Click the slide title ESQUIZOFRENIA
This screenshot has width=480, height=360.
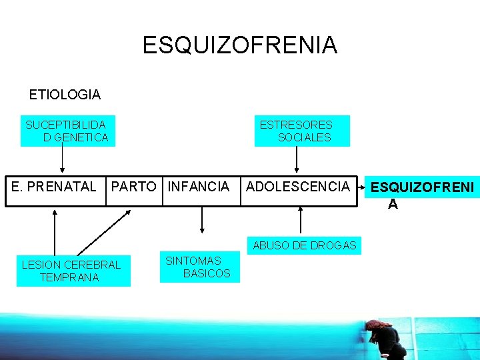point(240,45)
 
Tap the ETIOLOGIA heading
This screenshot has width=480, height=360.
point(65,95)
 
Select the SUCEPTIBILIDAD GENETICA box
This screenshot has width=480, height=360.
point(67,131)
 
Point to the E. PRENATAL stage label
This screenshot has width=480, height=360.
point(54,187)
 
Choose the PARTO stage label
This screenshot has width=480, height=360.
point(133,187)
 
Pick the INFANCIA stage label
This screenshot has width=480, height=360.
point(199,187)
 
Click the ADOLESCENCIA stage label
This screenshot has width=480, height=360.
point(297,187)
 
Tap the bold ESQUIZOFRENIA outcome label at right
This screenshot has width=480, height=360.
point(423,194)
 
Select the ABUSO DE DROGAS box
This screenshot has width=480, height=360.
point(305,245)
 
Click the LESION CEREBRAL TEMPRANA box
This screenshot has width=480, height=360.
point(72,271)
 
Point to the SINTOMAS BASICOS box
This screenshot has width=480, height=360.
point(199,267)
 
